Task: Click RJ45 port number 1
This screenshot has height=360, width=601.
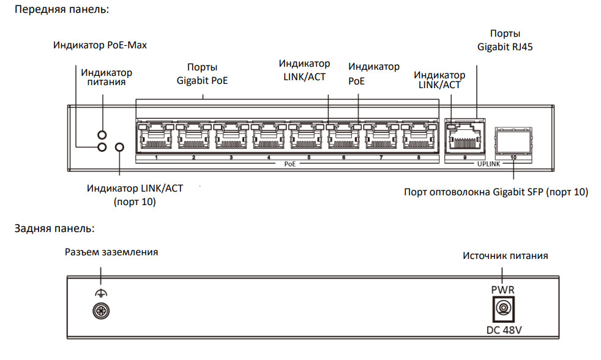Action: click(x=156, y=136)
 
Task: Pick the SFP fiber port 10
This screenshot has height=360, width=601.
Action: click(x=513, y=140)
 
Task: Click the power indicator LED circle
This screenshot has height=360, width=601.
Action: click(x=102, y=134)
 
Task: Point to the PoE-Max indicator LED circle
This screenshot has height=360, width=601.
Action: click(x=102, y=147)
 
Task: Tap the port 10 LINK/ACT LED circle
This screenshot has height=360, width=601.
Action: click(x=120, y=147)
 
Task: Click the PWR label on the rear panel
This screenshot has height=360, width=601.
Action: click(x=502, y=289)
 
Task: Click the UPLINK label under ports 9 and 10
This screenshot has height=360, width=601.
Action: click(x=488, y=164)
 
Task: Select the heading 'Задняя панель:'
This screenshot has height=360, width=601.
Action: click(x=54, y=228)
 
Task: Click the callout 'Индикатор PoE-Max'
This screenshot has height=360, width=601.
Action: click(x=100, y=45)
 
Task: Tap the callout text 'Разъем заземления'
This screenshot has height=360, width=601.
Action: click(x=111, y=252)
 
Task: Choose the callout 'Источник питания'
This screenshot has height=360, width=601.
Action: click(x=505, y=255)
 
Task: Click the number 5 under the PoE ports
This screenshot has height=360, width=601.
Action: click(x=308, y=158)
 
